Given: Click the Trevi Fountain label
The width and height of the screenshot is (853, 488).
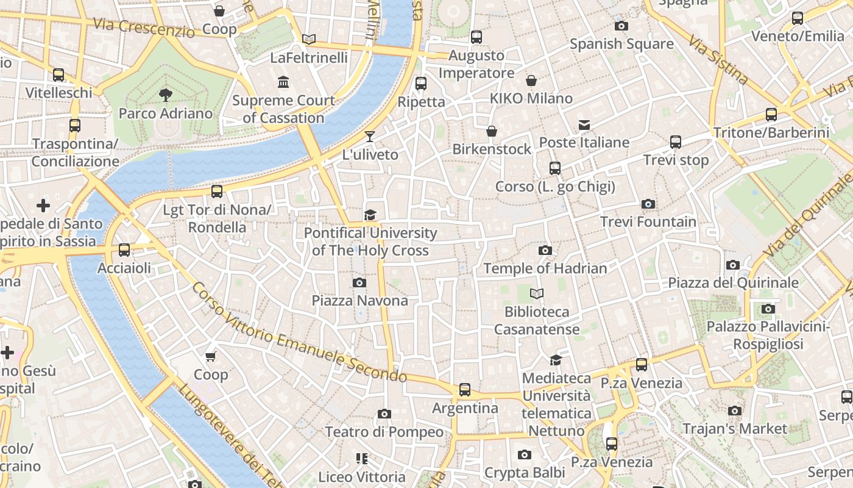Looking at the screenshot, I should pyautogui.click(x=648, y=221).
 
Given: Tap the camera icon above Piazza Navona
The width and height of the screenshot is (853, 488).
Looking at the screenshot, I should pyautogui.click(x=359, y=282).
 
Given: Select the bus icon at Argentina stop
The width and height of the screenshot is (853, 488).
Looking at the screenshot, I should pyautogui.click(x=465, y=389).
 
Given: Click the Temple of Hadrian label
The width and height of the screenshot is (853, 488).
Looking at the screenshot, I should pyautogui.click(x=545, y=268).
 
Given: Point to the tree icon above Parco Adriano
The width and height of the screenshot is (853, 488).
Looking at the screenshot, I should pyautogui.click(x=165, y=95).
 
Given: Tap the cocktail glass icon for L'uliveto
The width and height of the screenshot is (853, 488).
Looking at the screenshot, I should pyautogui.click(x=370, y=136).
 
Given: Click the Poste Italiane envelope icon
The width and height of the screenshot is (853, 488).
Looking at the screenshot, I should pyautogui.click(x=584, y=125).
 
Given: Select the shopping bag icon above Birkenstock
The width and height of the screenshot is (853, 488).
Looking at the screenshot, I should pyautogui.click(x=492, y=131).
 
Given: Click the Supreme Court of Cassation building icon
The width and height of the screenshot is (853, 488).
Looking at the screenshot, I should pyautogui.click(x=283, y=82).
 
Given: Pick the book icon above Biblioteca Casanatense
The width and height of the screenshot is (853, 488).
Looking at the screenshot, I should pyautogui.click(x=536, y=294).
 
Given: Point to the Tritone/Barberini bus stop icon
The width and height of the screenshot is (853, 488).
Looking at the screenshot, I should pyautogui.click(x=771, y=114).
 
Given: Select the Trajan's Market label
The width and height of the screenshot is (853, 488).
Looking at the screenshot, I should pyautogui.click(x=735, y=429).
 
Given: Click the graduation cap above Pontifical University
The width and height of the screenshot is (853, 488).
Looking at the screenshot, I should pyautogui.click(x=370, y=215).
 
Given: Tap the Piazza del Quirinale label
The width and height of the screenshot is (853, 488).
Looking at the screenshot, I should pyautogui.click(x=733, y=283).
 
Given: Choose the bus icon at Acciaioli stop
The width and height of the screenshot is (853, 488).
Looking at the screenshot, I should pyautogui.click(x=124, y=249).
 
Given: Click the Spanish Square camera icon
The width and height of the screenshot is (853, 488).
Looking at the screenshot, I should pyautogui.click(x=621, y=26).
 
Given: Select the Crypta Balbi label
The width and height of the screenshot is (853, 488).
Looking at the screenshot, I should pyautogui.click(x=525, y=473).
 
